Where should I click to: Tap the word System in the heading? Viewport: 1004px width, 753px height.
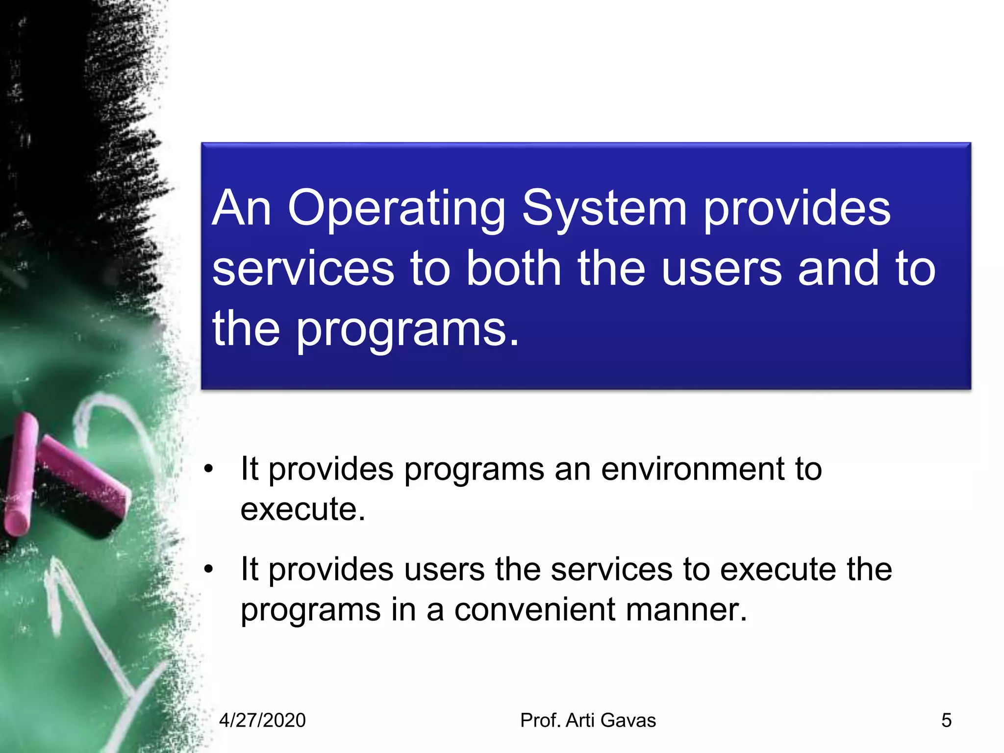pos(604,209)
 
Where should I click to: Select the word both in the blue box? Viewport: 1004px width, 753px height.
pos(513,268)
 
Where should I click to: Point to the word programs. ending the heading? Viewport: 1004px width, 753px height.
pos(407,330)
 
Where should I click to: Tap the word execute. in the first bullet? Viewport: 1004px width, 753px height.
pos(302,509)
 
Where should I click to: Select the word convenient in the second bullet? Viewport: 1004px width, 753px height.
pos(534,610)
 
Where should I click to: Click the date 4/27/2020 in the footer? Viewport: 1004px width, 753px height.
pos(262,721)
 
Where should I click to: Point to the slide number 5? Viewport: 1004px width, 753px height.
pos(946,721)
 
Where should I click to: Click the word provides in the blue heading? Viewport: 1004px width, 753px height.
pos(797,209)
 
